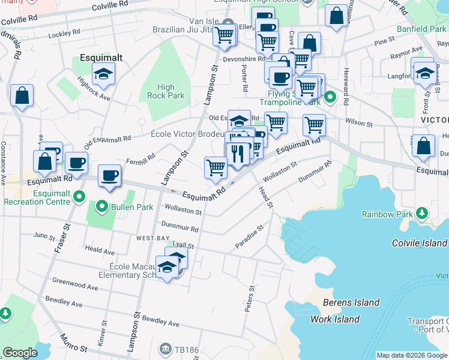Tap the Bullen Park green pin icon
click(x=102, y=208)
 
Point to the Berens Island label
click(x=351, y=302)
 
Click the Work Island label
click(x=334, y=319)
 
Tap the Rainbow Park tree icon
click(x=421, y=214)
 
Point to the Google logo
click(x=20, y=352)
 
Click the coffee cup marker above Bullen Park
click(x=109, y=176)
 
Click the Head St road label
click(x=265, y=197)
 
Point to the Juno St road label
click(x=44, y=235)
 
